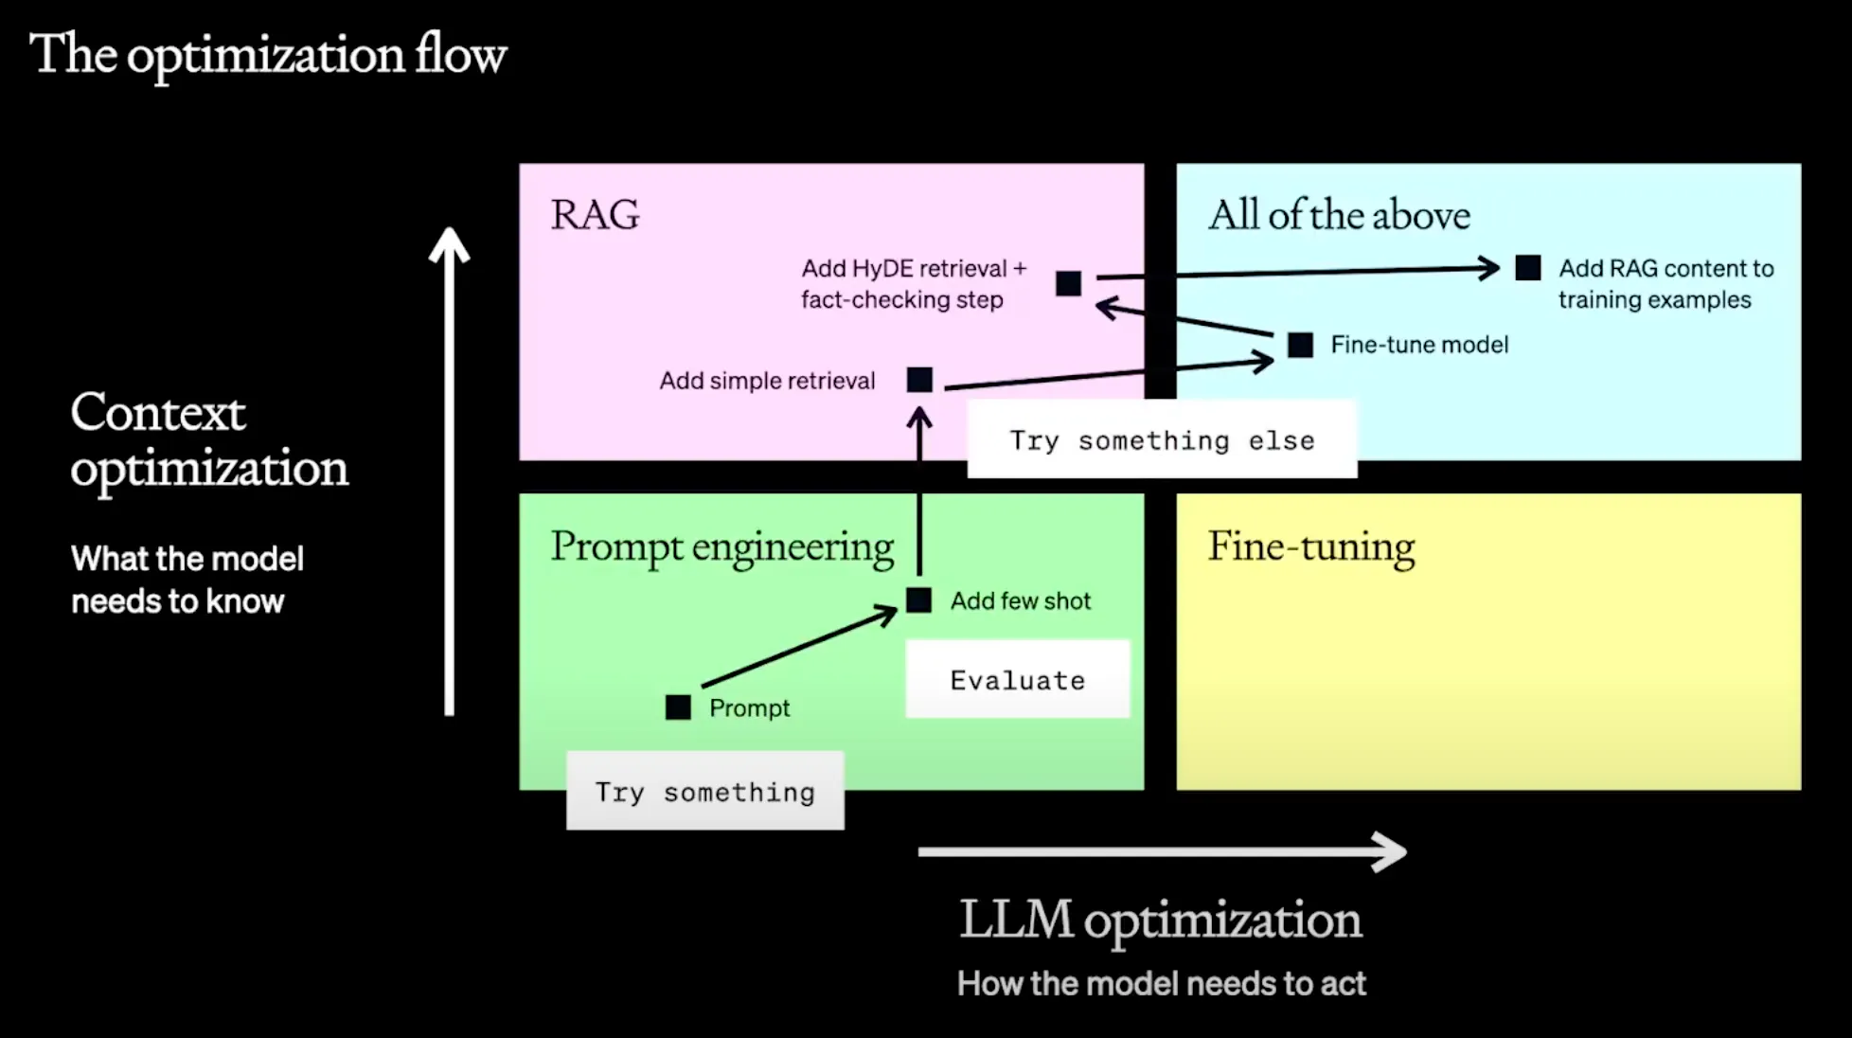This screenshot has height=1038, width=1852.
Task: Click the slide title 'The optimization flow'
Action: point(268,55)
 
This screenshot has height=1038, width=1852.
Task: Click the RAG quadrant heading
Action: point(595,215)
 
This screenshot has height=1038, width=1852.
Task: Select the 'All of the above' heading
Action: point(1339,216)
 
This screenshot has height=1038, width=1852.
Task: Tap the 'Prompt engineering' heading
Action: point(721,547)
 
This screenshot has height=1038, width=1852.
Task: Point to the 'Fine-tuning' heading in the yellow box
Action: point(1311,547)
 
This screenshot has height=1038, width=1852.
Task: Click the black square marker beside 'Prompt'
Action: point(678,707)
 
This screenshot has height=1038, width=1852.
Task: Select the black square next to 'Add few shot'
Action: point(918,600)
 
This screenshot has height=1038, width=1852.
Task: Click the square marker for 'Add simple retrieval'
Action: point(919,380)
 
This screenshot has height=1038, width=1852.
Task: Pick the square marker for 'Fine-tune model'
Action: point(1300,345)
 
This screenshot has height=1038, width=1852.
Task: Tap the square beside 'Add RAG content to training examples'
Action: point(1527,268)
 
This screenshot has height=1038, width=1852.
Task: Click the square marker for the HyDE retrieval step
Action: point(1068,283)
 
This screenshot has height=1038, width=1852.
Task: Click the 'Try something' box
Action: point(704,792)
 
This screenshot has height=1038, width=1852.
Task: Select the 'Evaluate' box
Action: point(1017,680)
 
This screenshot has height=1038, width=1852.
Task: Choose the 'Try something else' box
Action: point(1162,440)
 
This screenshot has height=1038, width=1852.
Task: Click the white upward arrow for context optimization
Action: point(450,474)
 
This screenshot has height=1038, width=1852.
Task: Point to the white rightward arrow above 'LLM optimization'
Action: point(1162,851)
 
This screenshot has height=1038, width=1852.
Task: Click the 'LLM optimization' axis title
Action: point(1161,920)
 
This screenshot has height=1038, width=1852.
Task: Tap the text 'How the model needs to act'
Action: point(1161,984)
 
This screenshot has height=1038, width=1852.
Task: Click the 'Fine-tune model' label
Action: point(1419,345)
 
